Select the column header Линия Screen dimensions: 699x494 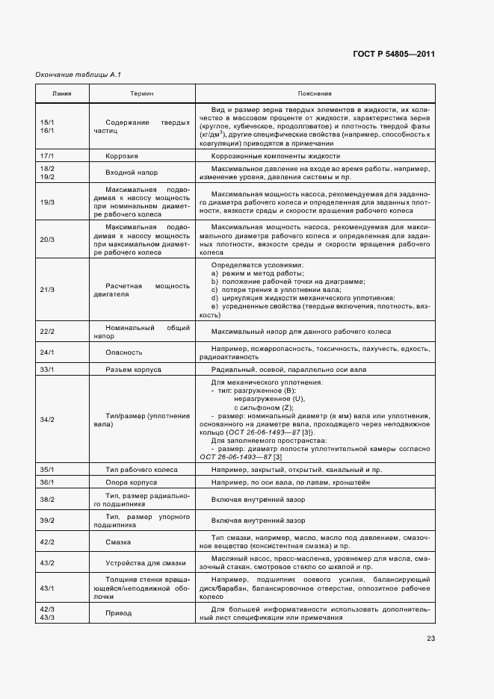tap(62, 93)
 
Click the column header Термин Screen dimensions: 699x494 tap(142, 93)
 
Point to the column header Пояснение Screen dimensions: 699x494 tap(314, 93)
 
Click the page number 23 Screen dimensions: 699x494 tap(430, 638)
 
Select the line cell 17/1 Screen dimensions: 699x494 tap(47, 156)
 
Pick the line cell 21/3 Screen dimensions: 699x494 tap(47, 289)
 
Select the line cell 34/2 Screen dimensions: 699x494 tap(47, 420)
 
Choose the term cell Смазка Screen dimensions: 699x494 tap(120, 542)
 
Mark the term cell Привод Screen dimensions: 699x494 tap(119, 613)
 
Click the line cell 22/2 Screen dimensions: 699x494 tap(47, 332)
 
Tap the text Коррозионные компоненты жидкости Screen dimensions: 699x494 tap(276, 156)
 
